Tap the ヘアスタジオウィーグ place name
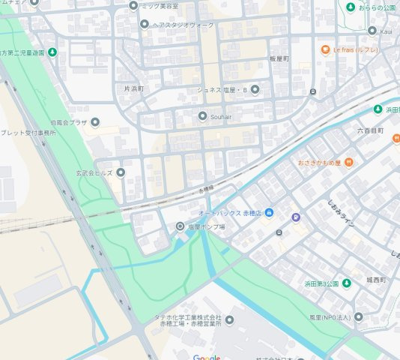pyautogui.click(x=184, y=24)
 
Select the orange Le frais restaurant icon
pyautogui.click(x=325, y=49)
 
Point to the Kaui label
pyautogui.click(x=386, y=31)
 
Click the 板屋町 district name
pyautogui.click(x=279, y=58)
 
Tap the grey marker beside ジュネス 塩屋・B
pyautogui.click(x=255, y=90)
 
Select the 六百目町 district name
pyautogui.click(x=370, y=130)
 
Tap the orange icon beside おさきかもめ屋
pyautogui.click(x=348, y=162)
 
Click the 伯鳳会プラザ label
pyautogui.click(x=69, y=122)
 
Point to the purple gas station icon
pyautogui.click(x=296, y=218)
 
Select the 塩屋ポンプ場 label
pyautogui.click(x=205, y=226)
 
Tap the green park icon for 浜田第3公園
pyautogui.click(x=346, y=283)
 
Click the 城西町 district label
pyautogui.click(x=376, y=280)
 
